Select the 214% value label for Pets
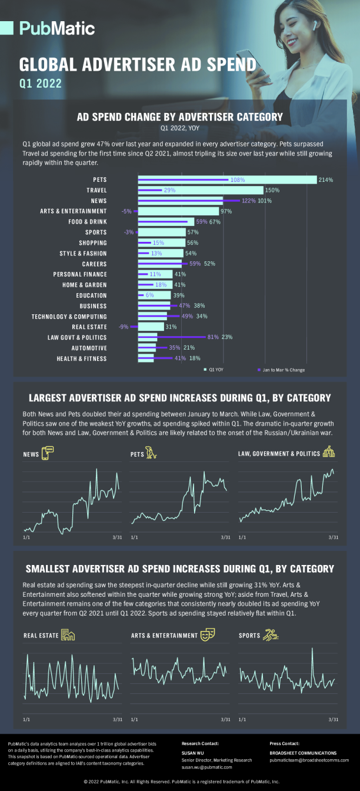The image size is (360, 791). (326, 180)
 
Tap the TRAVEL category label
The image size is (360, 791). (96, 190)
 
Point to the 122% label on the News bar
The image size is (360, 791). (248, 201)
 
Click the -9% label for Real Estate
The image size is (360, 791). (124, 327)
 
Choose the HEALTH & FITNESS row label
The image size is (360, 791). (82, 358)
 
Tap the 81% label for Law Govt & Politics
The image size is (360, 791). (213, 337)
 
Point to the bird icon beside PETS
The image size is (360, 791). (152, 453)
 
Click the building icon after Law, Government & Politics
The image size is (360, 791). (329, 453)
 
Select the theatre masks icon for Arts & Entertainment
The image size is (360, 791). (207, 635)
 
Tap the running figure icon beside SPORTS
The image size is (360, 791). (271, 635)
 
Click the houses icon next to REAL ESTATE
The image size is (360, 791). (68, 635)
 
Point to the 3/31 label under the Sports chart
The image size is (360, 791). (334, 719)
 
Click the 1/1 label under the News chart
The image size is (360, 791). (26, 537)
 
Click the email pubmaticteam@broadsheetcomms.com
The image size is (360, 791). (309, 760)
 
